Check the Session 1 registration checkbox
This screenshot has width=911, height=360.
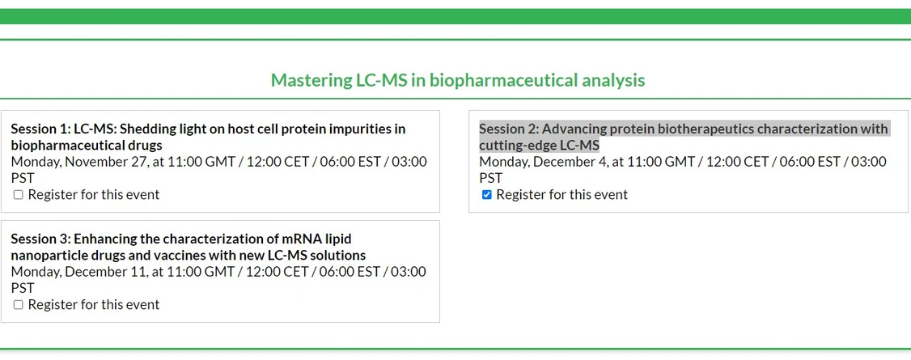coord(19,195)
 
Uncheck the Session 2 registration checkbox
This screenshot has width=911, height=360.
coord(486,195)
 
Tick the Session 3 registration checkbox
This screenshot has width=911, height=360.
coord(19,305)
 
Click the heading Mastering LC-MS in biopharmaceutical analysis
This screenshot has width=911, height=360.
coord(457,80)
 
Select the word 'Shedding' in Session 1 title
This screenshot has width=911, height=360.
coord(149,129)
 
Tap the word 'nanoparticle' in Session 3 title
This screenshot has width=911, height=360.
coord(50,256)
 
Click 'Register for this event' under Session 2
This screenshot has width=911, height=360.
coord(561,195)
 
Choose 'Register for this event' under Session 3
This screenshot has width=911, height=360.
coord(94,305)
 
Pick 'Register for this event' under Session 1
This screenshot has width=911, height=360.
coord(94,195)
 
